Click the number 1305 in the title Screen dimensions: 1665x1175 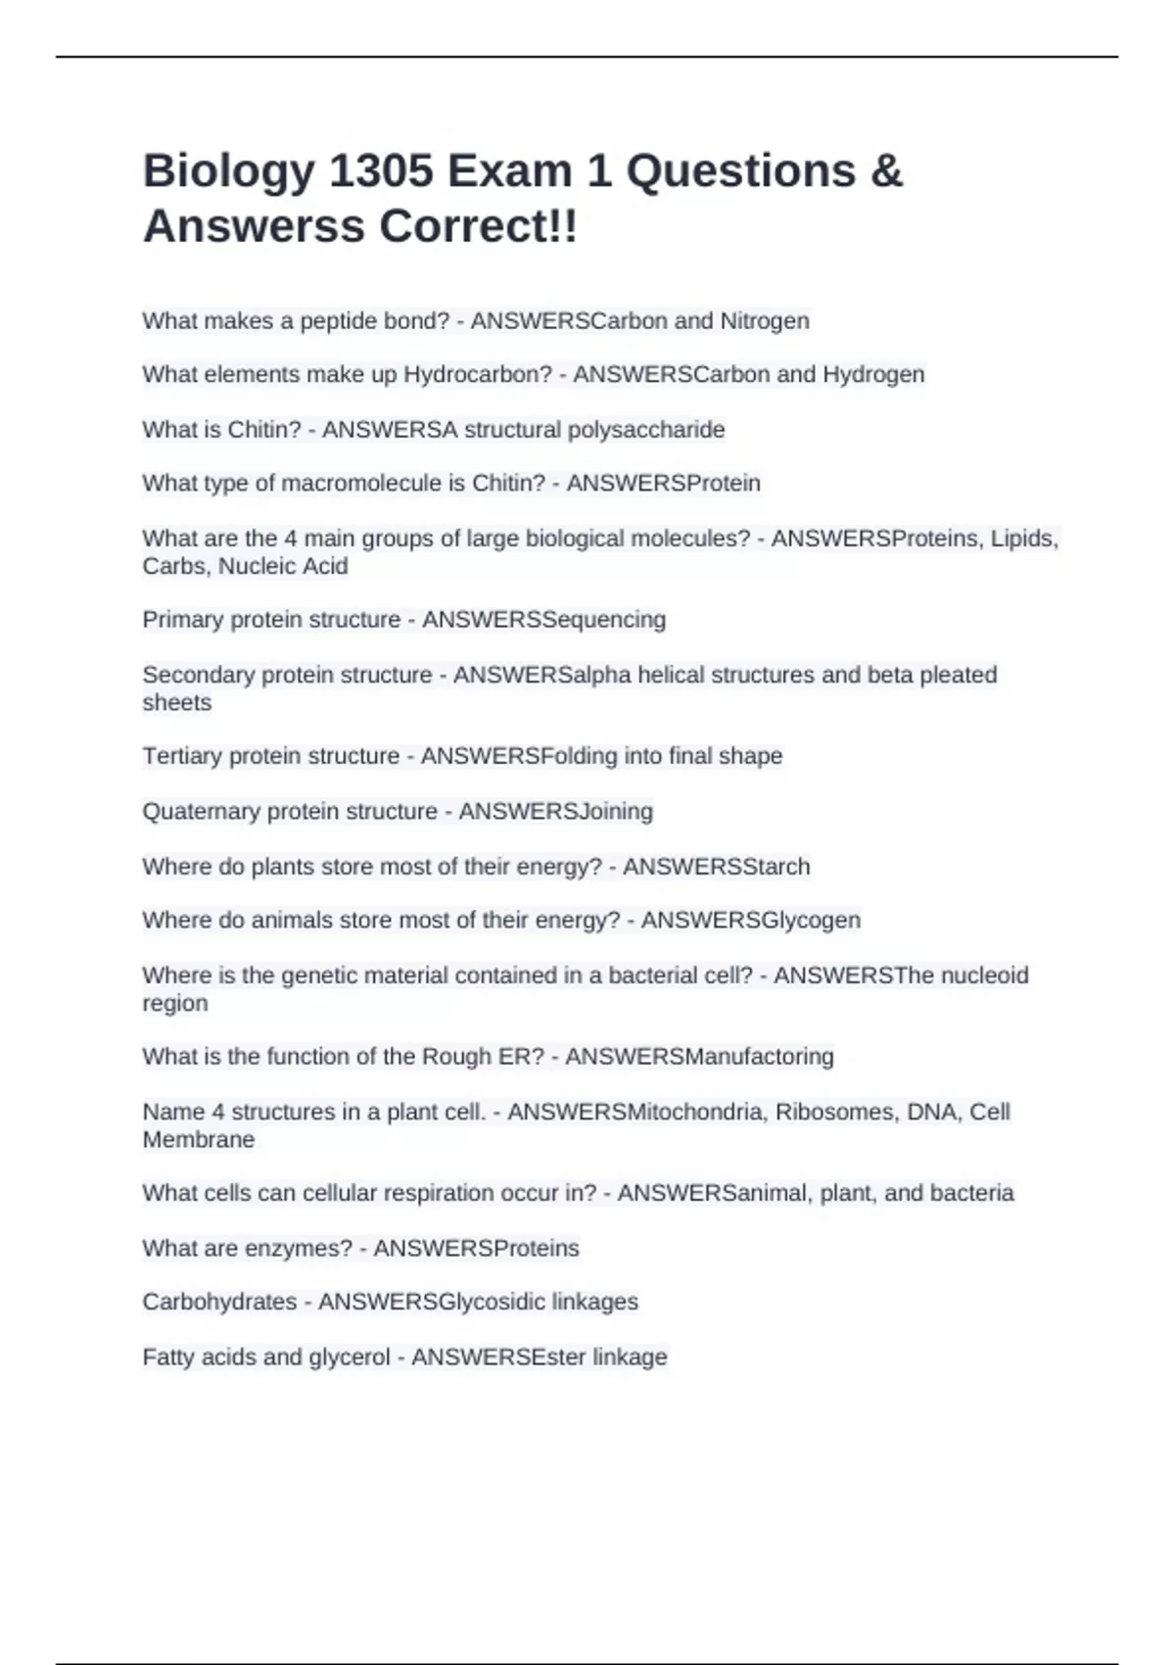click(381, 171)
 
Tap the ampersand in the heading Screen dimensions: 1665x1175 click(885, 171)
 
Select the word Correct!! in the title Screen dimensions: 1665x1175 click(479, 227)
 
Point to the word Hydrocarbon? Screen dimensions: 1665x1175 click(478, 375)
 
